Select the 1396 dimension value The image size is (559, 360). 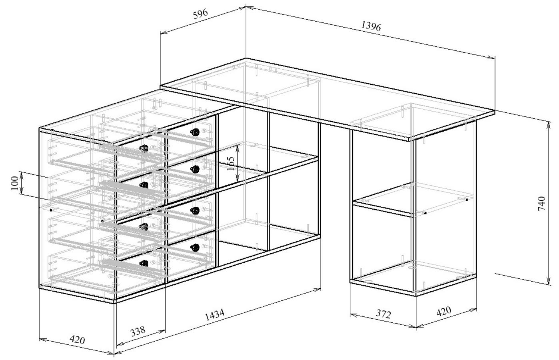pos(371,26)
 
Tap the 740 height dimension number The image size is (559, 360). pos(541,204)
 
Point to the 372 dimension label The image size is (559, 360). pos(383,314)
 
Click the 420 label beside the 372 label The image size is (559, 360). pos(444,311)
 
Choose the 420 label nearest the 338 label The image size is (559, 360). pos(77,340)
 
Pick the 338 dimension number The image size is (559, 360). pos(138,331)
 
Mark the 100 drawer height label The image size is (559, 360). pos(15,183)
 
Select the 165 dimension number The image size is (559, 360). pos(231,163)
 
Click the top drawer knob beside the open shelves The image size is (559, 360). pos(195,132)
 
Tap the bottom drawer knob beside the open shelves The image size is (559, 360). pos(195,248)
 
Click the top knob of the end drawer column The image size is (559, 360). pos(144,148)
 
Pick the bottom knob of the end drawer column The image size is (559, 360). pos(144,263)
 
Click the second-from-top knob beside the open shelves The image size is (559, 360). pos(195,170)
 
